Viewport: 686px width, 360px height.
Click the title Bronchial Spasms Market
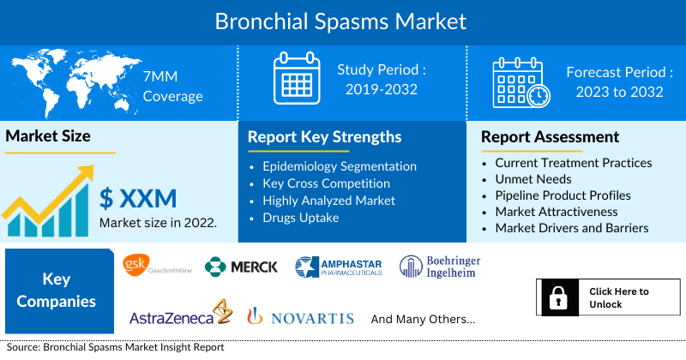click(340, 21)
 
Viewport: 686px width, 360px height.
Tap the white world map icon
click(75, 81)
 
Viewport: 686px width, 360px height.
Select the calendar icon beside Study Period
click(297, 78)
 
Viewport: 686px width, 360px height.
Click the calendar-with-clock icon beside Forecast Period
click(521, 82)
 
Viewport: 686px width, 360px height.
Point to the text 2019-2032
click(382, 89)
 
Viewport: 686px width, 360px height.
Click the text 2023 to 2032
click(619, 92)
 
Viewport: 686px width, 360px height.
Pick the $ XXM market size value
click(138, 198)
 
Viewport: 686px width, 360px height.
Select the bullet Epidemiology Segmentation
click(340, 166)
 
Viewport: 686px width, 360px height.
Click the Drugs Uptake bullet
click(301, 218)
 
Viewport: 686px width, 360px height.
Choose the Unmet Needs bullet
click(533, 179)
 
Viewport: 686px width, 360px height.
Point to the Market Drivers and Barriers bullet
click(572, 228)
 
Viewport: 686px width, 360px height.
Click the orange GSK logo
click(136, 265)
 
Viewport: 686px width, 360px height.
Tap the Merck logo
click(241, 267)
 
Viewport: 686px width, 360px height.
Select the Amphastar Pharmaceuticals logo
click(339, 267)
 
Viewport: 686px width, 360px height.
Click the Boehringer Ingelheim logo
click(440, 267)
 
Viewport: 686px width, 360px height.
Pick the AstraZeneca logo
click(181, 313)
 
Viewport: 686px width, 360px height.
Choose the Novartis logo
click(301, 316)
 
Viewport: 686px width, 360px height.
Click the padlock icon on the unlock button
click(558, 297)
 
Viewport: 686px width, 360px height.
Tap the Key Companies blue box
click(59, 291)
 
